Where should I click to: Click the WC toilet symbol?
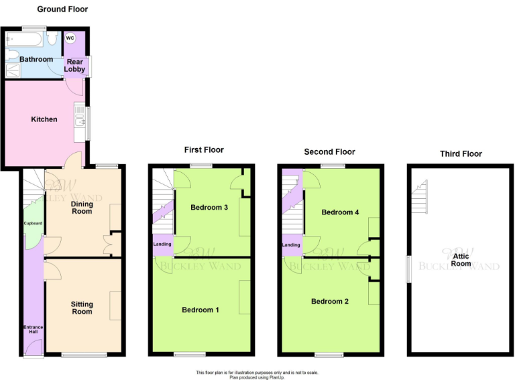[x=70, y=38]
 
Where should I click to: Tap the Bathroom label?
[x=36, y=60]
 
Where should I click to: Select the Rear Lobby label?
[x=74, y=66]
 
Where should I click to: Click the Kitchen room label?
[x=44, y=119]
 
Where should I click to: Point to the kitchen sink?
[x=80, y=121]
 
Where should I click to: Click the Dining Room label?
[x=82, y=207]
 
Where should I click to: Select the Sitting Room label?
[x=82, y=308]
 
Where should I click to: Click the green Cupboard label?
[x=33, y=223]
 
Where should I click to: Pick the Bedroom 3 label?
[x=209, y=207]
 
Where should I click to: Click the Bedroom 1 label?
[x=201, y=310]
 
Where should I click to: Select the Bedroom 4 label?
[x=340, y=212]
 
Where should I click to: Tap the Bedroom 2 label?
[x=330, y=302]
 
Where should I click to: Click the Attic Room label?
[x=460, y=259]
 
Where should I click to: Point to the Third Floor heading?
[x=461, y=153]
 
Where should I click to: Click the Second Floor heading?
[x=329, y=152]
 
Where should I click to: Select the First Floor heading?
[x=204, y=150]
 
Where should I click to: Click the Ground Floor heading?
[x=62, y=9]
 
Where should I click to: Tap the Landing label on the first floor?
[x=162, y=244]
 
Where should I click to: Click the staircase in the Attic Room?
[x=420, y=197]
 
